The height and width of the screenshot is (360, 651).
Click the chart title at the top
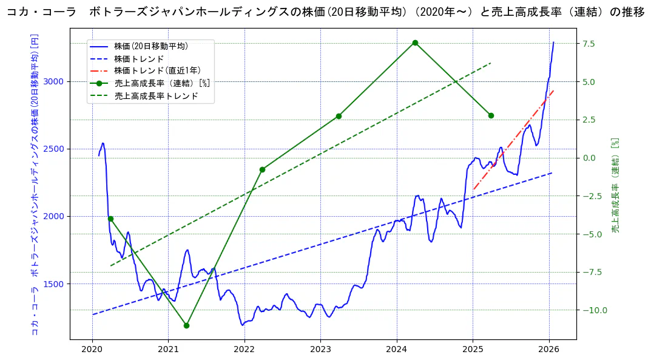click(x=325, y=13)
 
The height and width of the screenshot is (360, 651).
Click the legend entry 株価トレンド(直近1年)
click(x=158, y=71)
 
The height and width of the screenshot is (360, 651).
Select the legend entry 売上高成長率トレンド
click(x=156, y=96)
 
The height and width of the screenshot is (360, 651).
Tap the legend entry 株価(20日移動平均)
click(x=151, y=46)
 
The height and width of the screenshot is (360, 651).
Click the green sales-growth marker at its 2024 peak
click(x=415, y=42)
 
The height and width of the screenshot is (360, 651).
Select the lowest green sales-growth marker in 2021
click(x=186, y=325)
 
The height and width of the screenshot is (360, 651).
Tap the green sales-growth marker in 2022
click(x=262, y=169)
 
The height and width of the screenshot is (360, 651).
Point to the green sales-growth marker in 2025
click(x=491, y=115)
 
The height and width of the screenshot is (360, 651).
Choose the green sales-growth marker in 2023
click(x=339, y=116)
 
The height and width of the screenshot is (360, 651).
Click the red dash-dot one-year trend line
click(x=516, y=137)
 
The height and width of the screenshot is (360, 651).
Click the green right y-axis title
click(x=615, y=185)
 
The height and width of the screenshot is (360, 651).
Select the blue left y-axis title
click(x=35, y=185)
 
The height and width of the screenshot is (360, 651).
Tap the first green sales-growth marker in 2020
click(x=110, y=219)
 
